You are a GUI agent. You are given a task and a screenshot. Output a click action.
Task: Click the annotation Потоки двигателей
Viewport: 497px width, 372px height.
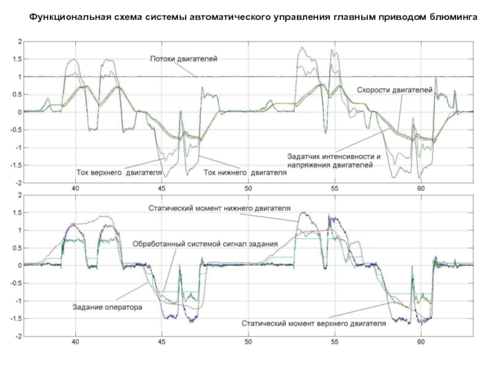point(183,59)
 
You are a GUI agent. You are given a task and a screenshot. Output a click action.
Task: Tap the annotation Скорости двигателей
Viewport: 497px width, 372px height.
point(394,90)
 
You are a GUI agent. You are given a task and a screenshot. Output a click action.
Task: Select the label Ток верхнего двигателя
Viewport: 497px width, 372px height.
point(119,172)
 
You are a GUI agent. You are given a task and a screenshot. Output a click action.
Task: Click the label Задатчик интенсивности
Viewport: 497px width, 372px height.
point(333,156)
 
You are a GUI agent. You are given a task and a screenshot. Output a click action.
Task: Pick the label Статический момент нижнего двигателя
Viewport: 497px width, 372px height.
point(219,208)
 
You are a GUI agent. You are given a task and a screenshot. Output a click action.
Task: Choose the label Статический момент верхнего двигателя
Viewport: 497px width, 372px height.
point(314,323)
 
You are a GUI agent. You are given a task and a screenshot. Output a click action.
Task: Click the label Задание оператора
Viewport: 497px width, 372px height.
point(107,306)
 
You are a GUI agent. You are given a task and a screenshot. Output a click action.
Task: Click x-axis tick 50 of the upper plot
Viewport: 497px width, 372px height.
point(247,188)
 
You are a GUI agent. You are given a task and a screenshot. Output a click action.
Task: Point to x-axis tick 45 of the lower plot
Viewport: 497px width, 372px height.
point(162,342)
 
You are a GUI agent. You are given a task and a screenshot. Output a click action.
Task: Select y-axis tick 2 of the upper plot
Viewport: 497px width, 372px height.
point(20,42)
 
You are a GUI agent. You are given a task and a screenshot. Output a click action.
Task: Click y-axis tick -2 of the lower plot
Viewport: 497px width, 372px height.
point(19,336)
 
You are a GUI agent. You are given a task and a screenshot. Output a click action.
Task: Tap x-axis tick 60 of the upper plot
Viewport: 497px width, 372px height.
point(420,188)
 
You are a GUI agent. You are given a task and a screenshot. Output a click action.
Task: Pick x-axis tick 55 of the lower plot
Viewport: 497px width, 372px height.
point(334,342)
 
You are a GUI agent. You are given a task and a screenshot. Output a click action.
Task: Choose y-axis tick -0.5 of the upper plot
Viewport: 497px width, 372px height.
point(16,130)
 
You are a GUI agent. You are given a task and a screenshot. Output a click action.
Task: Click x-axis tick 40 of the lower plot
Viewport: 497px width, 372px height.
point(75,342)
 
